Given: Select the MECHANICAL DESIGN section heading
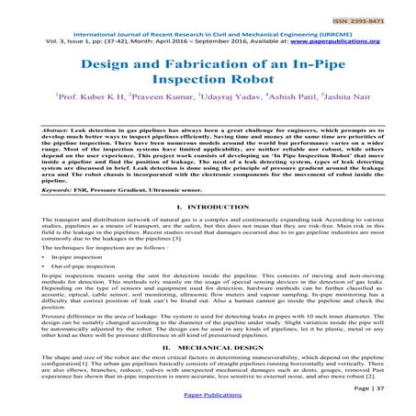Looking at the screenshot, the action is coord(217,351).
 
